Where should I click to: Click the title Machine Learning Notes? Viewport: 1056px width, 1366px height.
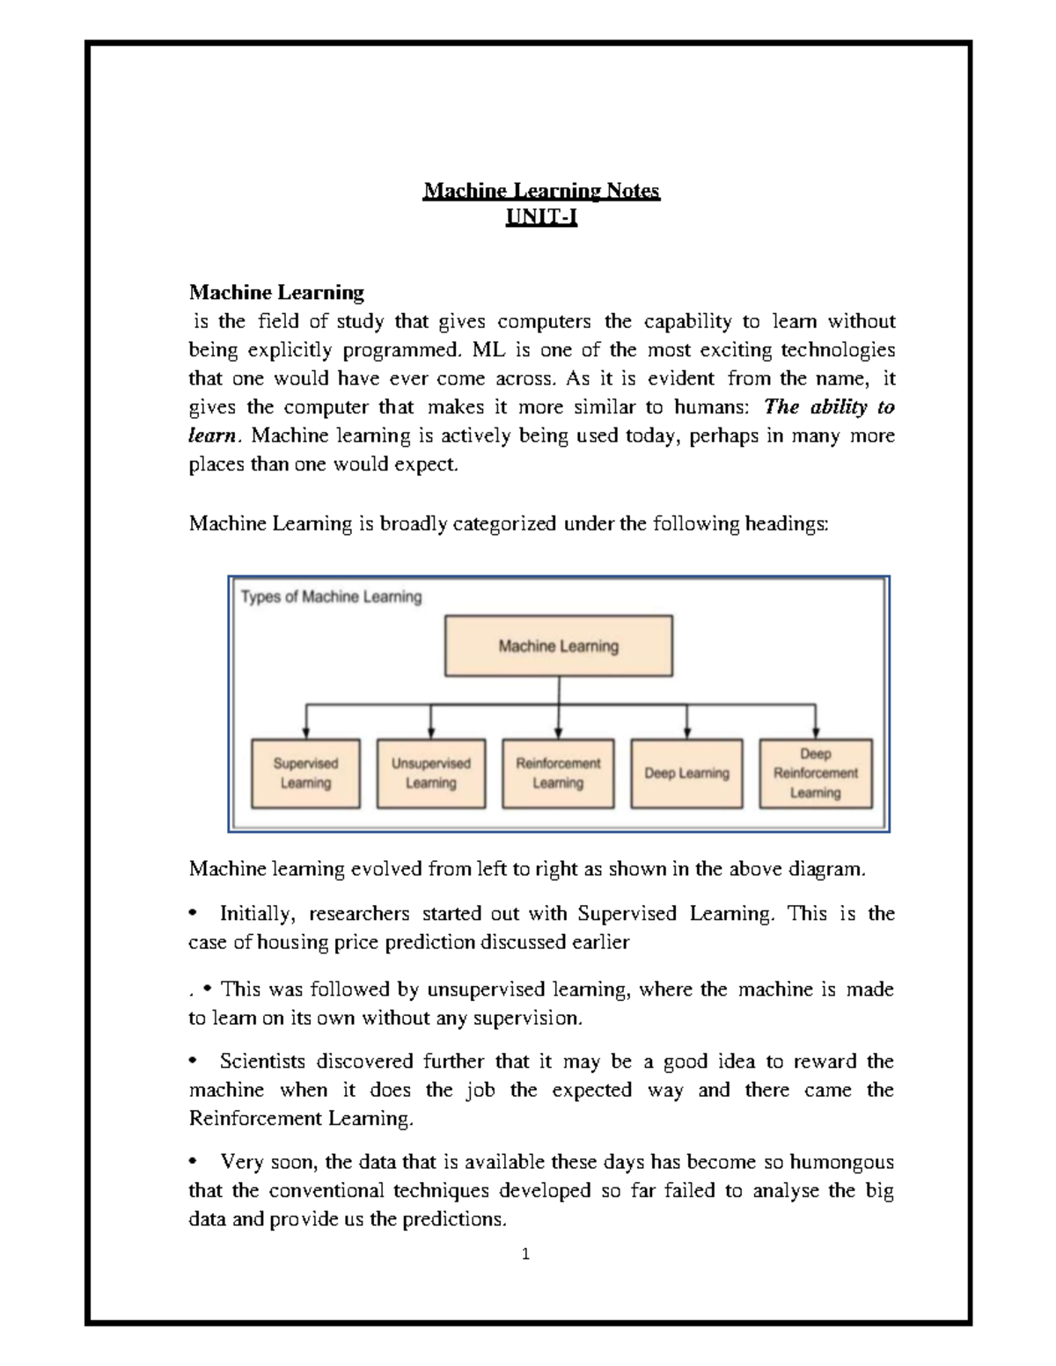click(541, 191)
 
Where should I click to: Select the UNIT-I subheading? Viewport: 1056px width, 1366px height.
click(541, 217)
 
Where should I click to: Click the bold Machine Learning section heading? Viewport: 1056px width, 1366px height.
click(276, 292)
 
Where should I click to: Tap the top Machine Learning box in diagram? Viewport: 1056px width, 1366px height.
click(559, 646)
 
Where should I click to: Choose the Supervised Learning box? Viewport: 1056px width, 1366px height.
click(305, 773)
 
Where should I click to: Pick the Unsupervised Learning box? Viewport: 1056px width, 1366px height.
click(431, 773)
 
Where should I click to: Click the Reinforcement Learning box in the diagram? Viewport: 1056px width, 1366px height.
click(558, 773)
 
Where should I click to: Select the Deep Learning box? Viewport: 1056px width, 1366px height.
click(686, 773)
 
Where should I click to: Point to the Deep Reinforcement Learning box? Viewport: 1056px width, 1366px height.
click(815, 773)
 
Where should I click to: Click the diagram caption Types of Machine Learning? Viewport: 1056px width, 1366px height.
click(332, 597)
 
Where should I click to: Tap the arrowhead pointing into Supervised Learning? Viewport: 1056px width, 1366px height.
click(305, 732)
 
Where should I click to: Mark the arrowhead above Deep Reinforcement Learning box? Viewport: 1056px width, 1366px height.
click(815, 732)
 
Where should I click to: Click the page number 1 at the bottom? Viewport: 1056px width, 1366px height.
click(525, 1255)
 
